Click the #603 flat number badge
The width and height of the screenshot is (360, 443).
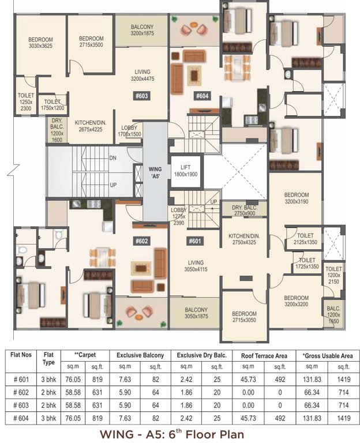[142, 96]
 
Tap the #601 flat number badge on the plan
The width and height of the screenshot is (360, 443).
[195, 241]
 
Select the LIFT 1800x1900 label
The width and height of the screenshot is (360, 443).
[186, 170]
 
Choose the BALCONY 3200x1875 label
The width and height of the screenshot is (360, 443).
[142, 31]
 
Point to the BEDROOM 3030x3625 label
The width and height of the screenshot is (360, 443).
[41, 43]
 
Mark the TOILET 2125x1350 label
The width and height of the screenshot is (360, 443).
[306, 239]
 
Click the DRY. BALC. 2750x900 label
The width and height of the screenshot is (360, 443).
[245, 211]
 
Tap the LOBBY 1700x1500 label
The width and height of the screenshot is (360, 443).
[129, 131]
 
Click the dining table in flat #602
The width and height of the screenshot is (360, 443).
[101, 254]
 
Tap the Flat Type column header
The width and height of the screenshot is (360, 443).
[49, 359]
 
